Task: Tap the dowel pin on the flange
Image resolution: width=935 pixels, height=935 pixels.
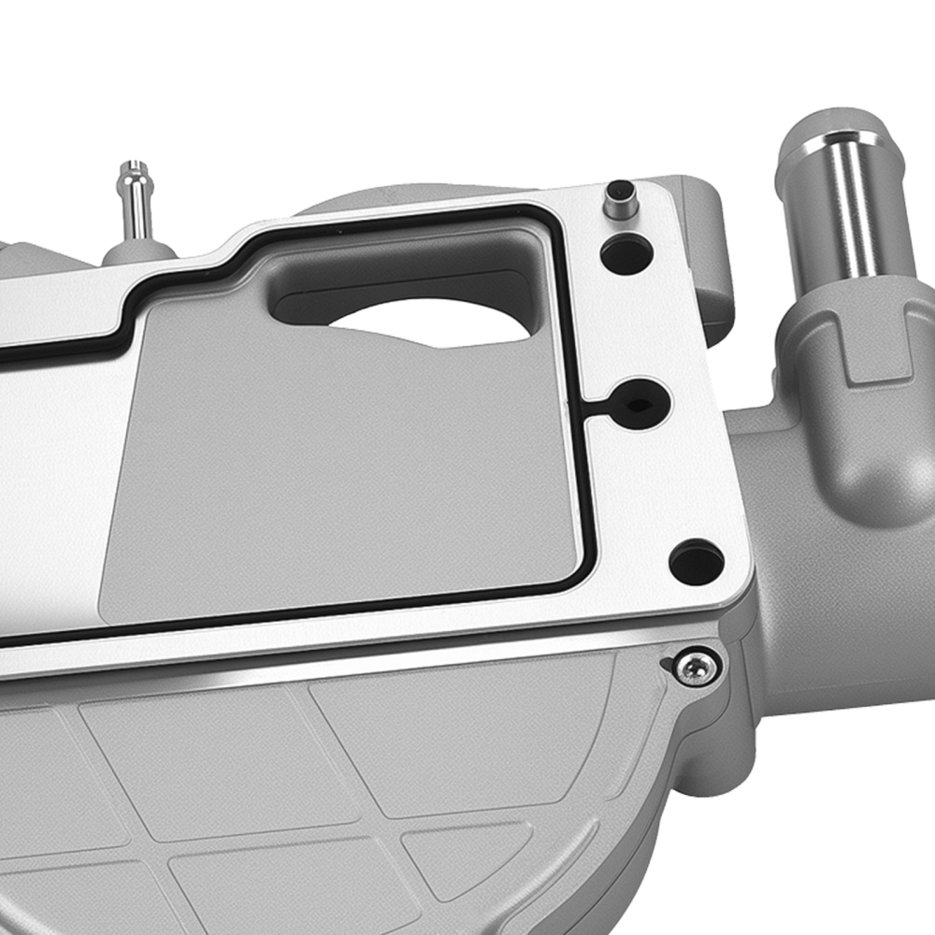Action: [x=619, y=199]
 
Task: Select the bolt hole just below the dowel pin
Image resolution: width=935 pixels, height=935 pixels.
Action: [x=626, y=253]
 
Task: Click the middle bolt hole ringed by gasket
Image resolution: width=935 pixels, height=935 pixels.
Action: [x=640, y=405]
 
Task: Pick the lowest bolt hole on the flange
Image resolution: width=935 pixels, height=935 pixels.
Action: [x=697, y=561]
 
